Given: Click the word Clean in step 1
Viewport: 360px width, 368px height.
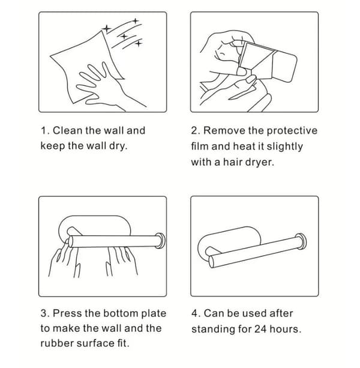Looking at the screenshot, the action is [x=68, y=130].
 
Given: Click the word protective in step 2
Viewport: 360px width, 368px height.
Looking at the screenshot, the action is [x=292, y=131].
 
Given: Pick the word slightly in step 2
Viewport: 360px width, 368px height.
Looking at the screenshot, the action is [x=284, y=146].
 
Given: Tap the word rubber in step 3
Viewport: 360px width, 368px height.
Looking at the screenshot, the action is [x=57, y=343].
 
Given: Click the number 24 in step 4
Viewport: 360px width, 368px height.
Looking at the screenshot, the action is [x=260, y=329].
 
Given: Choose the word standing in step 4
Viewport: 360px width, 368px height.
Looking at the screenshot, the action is [x=213, y=330].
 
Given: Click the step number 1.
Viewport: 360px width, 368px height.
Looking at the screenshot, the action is [x=44, y=130].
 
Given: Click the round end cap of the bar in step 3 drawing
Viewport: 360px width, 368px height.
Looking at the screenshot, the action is [x=161, y=241].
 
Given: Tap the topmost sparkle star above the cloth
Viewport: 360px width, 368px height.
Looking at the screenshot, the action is [x=136, y=21].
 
